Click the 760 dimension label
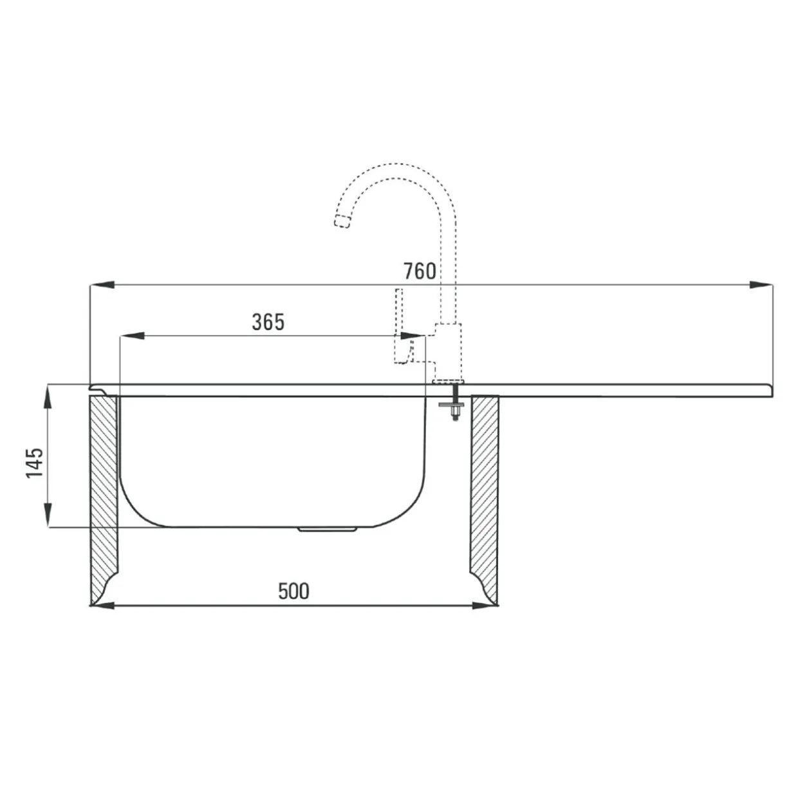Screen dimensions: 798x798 420,272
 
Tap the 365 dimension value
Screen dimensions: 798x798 268,322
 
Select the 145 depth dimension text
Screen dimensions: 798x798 35,463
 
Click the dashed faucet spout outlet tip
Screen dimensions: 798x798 342,222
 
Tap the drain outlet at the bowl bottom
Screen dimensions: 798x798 327,529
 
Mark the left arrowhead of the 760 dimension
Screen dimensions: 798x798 102,284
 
